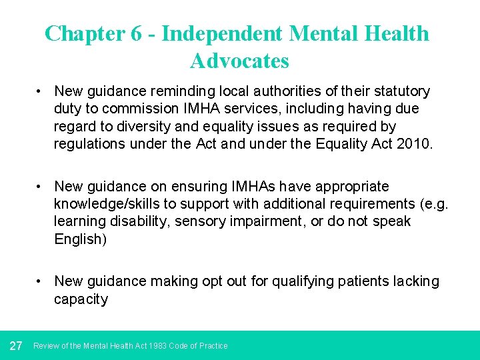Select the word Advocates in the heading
click(239, 61)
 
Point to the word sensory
click(197, 221)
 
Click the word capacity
click(81, 299)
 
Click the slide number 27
click(17, 345)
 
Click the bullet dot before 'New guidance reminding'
click(41, 91)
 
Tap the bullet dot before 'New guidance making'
click(41, 282)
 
